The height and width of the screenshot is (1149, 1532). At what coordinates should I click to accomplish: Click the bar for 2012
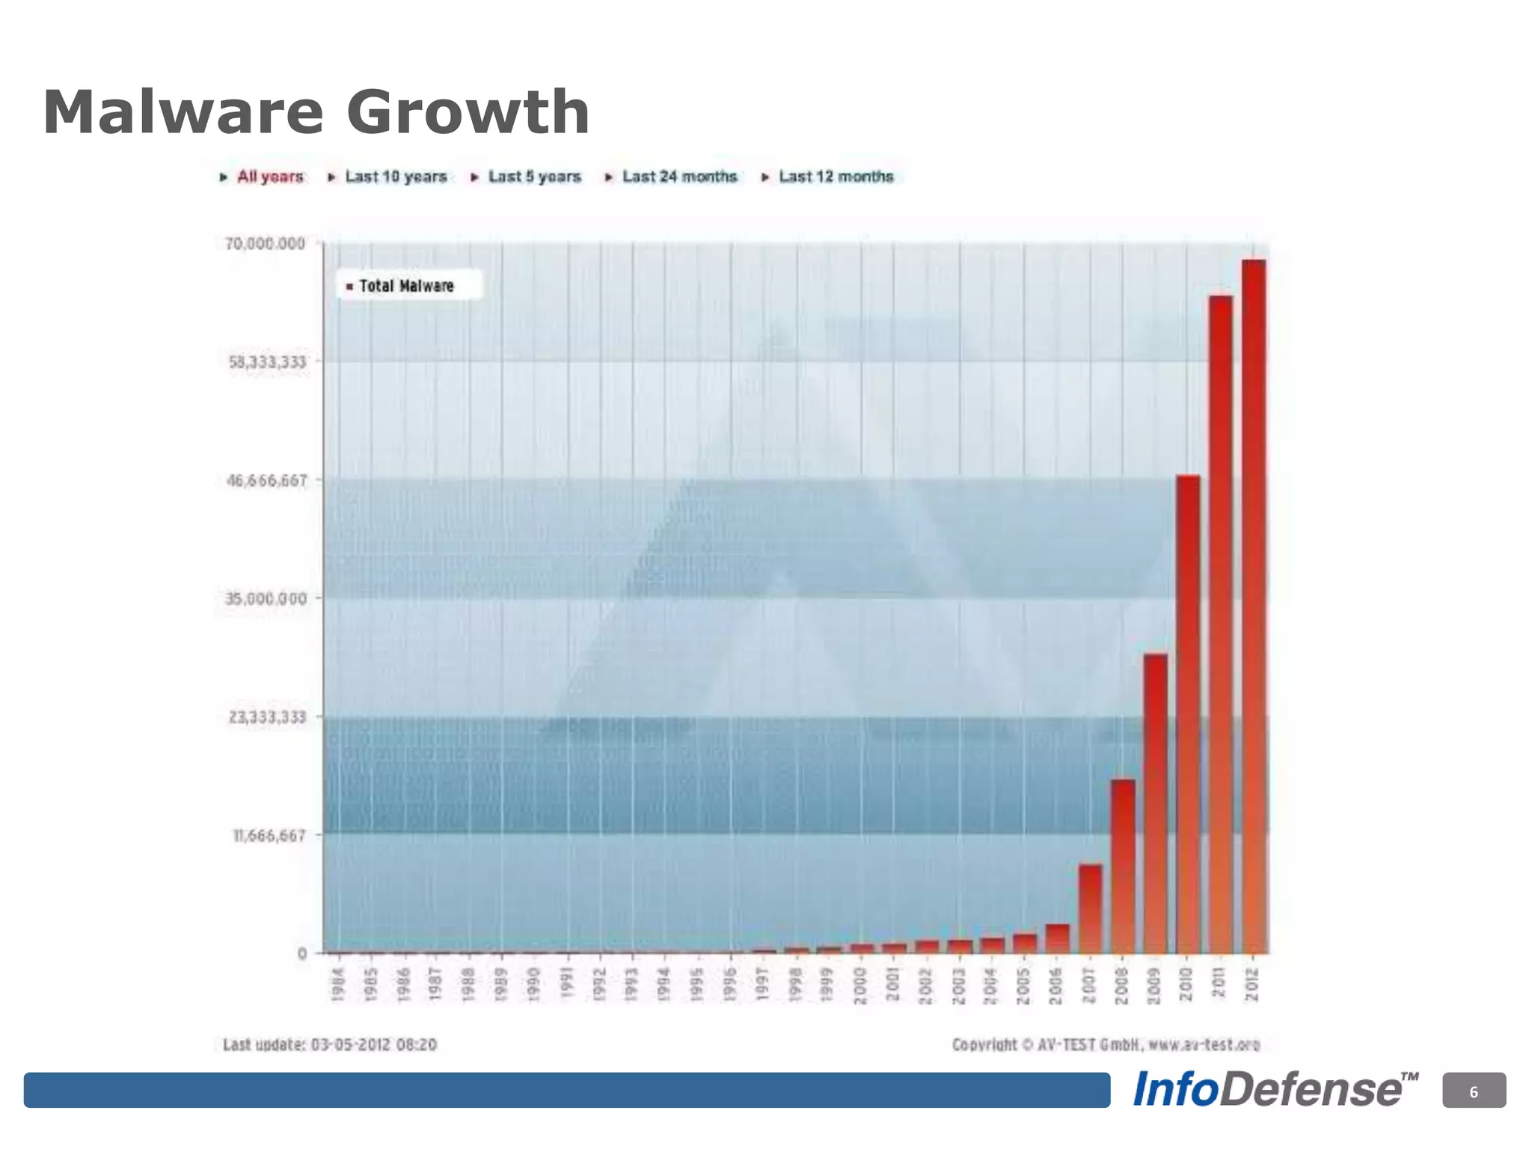click(x=1254, y=606)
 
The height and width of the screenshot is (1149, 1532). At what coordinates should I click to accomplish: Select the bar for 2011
click(x=1220, y=625)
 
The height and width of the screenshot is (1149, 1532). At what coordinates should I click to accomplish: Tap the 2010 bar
click(x=1188, y=714)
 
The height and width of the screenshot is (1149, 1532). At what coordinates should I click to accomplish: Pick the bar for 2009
click(x=1155, y=803)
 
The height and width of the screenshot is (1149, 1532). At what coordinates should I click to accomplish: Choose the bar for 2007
click(x=1090, y=909)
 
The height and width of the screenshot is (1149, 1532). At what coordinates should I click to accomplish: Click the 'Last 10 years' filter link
click(x=396, y=177)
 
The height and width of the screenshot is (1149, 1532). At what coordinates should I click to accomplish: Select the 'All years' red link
click(x=270, y=177)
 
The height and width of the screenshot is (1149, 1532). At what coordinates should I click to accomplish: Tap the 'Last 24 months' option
click(x=679, y=177)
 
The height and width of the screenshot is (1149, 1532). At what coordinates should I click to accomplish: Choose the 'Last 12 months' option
click(x=836, y=177)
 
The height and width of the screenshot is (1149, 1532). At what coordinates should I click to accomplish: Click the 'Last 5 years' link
click(x=534, y=177)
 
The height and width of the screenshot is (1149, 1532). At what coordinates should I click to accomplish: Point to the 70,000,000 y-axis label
click(x=266, y=244)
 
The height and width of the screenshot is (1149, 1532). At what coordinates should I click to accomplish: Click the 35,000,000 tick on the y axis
click(x=266, y=598)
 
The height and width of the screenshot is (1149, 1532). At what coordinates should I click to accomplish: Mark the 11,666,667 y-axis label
click(x=269, y=836)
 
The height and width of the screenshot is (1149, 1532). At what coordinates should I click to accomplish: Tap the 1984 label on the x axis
click(x=338, y=984)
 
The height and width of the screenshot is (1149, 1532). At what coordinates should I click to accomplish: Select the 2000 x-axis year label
click(x=860, y=984)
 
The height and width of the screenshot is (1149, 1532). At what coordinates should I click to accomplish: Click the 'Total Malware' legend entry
click(x=406, y=286)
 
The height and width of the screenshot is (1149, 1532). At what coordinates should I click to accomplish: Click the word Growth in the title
click(x=468, y=112)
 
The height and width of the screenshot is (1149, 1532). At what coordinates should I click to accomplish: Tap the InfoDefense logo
click(x=1275, y=1090)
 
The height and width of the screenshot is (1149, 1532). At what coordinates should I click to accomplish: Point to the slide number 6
click(x=1474, y=1092)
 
